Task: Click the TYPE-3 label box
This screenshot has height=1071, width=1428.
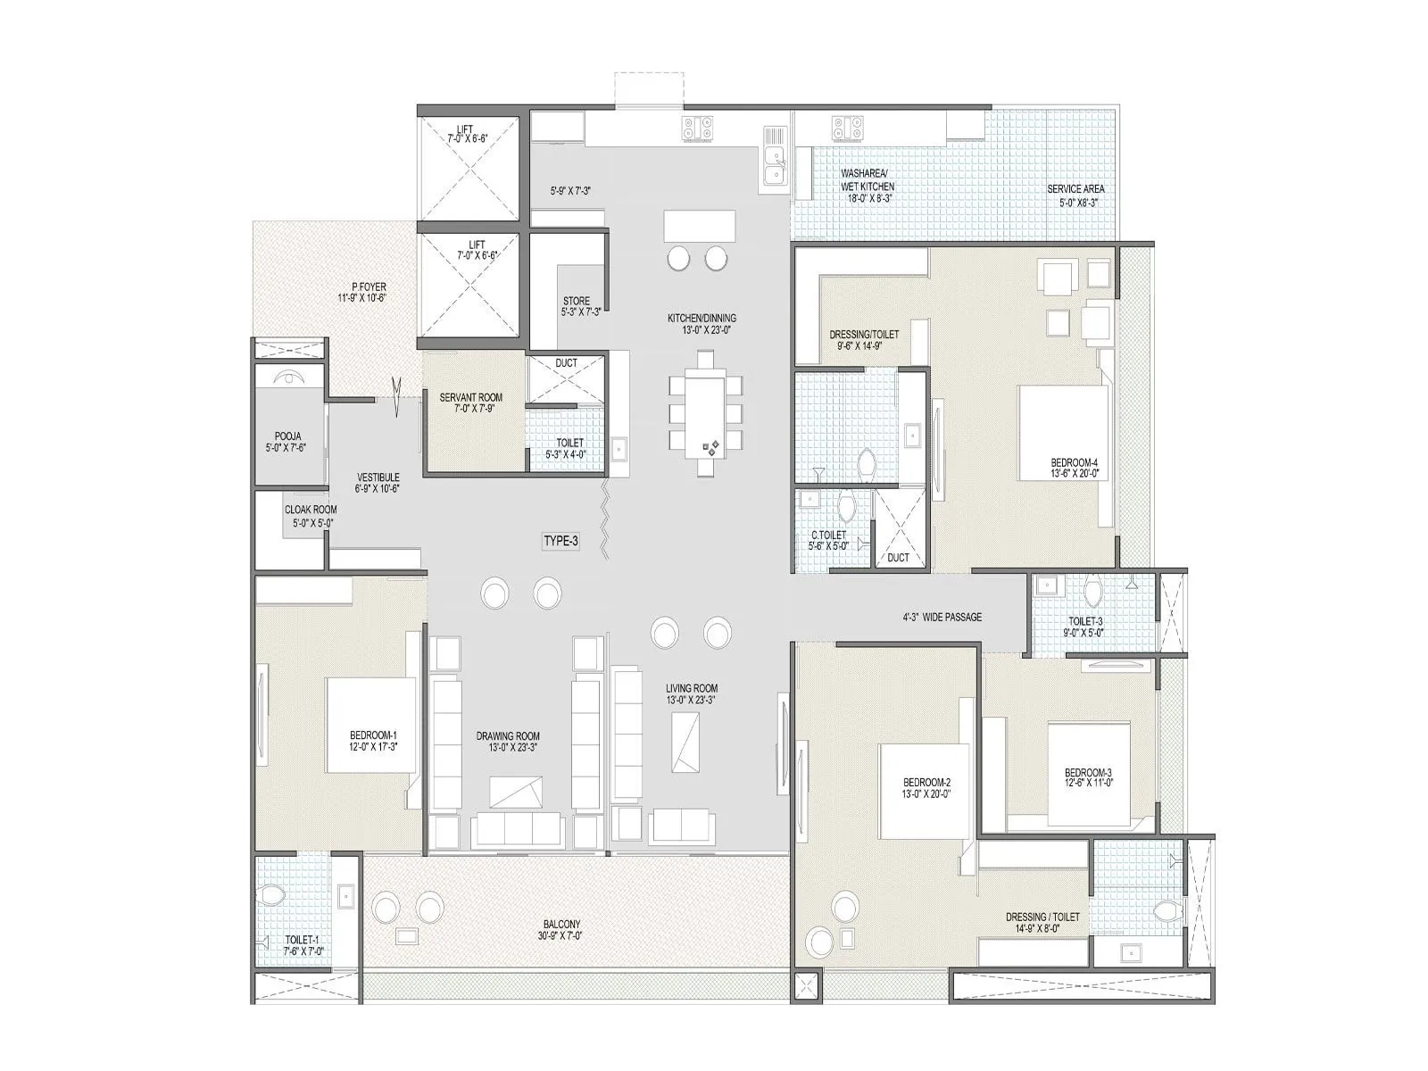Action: click(561, 541)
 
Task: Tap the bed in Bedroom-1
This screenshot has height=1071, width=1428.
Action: click(370, 726)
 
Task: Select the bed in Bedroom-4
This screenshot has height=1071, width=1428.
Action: click(1064, 433)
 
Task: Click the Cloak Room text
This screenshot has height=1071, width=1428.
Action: click(311, 516)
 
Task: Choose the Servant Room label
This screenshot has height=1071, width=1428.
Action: click(470, 403)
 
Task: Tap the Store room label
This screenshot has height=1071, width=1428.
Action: click(577, 306)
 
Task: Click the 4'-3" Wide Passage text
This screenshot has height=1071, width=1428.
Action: click(942, 617)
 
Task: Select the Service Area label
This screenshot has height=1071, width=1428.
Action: click(1075, 195)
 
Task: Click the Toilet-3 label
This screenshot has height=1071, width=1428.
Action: click(1085, 627)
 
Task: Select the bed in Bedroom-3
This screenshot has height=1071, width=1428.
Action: click(1089, 774)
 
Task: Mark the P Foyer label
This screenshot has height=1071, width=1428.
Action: click(362, 293)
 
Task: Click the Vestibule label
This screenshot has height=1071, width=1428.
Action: click(378, 483)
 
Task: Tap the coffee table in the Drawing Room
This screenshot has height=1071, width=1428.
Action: click(516, 793)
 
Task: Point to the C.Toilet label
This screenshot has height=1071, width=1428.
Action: click(828, 541)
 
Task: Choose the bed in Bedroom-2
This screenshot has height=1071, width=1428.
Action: click(925, 791)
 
